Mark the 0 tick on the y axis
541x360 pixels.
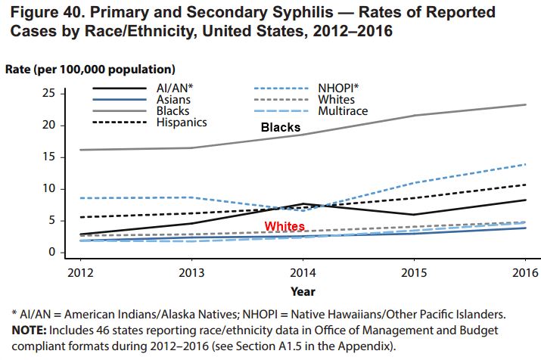51,252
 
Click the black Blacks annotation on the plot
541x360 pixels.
281,127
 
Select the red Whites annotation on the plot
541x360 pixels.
284,227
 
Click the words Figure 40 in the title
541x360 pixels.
46,13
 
